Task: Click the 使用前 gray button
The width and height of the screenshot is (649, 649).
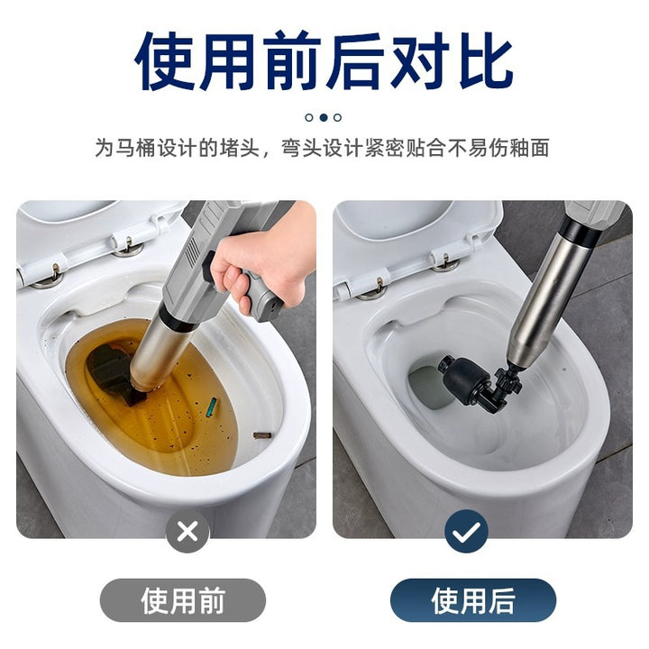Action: point(182,600)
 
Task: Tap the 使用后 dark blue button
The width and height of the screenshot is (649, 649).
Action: point(473,600)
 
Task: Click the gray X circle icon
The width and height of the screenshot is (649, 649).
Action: point(187,532)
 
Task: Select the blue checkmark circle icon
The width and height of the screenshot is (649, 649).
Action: point(466,532)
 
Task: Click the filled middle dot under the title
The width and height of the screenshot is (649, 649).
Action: point(324,117)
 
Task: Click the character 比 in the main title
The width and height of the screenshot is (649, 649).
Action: point(486,61)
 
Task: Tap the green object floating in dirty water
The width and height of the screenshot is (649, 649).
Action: point(212,407)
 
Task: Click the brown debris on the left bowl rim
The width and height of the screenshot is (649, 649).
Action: point(262,435)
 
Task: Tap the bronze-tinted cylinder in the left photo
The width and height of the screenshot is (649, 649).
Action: point(161,355)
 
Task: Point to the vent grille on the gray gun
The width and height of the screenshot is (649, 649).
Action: point(192,251)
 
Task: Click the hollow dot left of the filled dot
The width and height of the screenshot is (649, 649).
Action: point(309,117)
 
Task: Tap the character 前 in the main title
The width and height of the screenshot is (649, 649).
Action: point(292,61)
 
